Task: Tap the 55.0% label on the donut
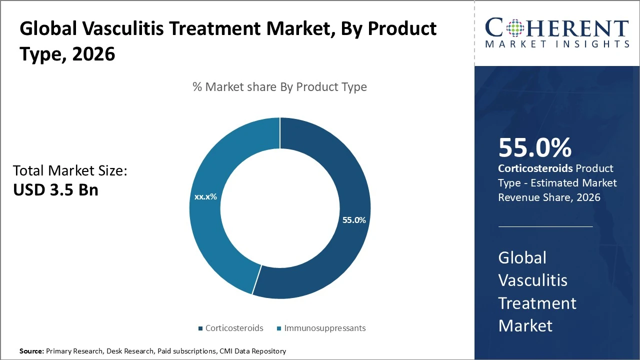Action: pyautogui.click(x=354, y=220)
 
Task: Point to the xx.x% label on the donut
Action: pyautogui.click(x=205, y=197)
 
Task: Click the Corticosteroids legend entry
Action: pyautogui.click(x=230, y=328)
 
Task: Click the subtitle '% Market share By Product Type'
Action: pyautogui.click(x=279, y=87)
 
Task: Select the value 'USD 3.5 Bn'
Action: pyautogui.click(x=55, y=190)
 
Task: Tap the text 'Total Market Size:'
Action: pyautogui.click(x=70, y=171)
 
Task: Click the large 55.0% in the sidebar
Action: pyautogui.click(x=534, y=148)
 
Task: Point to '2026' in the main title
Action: pyautogui.click(x=93, y=54)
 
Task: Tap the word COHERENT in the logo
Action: pyautogui.click(x=557, y=28)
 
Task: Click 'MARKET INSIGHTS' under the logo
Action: pyautogui.click(x=557, y=44)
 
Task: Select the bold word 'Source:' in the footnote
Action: pyautogui.click(x=31, y=351)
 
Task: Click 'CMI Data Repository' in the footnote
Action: pyautogui.click(x=253, y=351)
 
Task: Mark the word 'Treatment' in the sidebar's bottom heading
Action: pyautogui.click(x=537, y=303)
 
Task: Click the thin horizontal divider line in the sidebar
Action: pyautogui.click(x=545, y=226)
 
